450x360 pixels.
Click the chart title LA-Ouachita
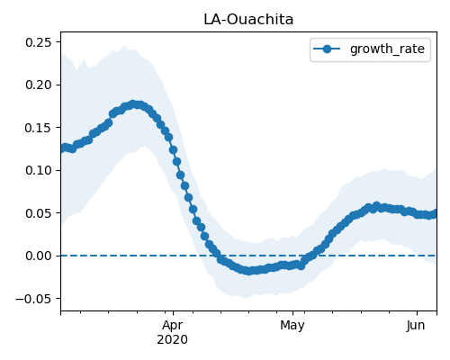248,20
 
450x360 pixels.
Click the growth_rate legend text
387,49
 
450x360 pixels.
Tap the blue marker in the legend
327,49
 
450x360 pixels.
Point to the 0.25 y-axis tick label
39,42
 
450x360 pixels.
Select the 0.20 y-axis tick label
39,85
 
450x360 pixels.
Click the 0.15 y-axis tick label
39,128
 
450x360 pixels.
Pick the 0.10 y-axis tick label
39,170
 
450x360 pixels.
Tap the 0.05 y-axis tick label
39,213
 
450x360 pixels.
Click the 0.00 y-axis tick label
39,256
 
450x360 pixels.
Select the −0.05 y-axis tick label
33,299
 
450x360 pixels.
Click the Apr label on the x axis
173,326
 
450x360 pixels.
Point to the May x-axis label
292,326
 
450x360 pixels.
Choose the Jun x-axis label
416,325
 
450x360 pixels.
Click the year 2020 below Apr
173,339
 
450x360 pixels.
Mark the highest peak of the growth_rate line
133,104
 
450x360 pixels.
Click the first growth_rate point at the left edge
61,148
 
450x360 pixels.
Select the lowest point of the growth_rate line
248,271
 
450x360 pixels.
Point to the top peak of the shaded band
124,45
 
